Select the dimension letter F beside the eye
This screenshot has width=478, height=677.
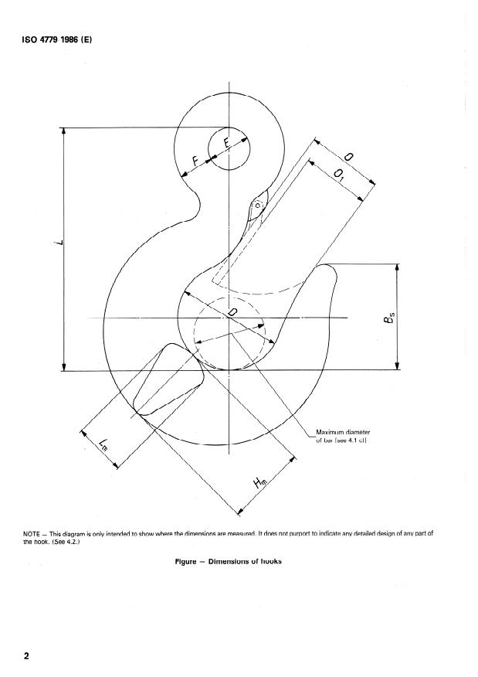pyautogui.click(x=195, y=162)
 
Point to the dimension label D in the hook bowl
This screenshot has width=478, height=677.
pyautogui.click(x=232, y=311)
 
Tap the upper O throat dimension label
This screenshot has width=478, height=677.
pyautogui.click(x=348, y=158)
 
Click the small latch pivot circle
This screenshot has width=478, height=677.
pyautogui.click(x=257, y=206)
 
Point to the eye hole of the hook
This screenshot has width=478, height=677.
pyautogui.click(x=229, y=147)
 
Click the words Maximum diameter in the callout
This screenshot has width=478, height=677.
pyautogui.click(x=343, y=431)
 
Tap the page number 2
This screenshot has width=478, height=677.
pyautogui.click(x=27, y=656)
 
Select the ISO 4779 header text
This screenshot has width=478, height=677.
pyautogui.click(x=58, y=39)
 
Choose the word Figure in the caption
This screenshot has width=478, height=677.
pyautogui.click(x=188, y=561)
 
